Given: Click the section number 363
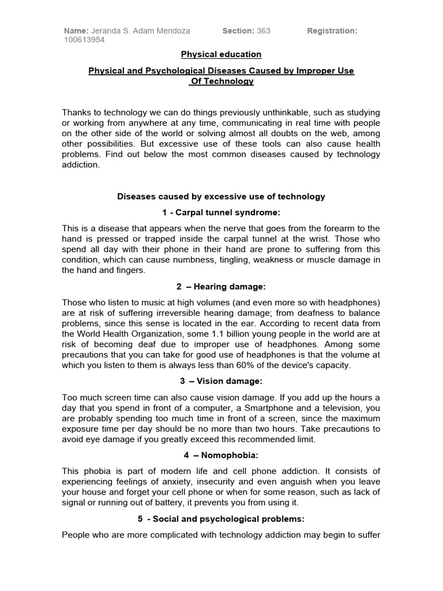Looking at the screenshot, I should [264, 31].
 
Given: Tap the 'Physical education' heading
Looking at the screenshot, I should [221, 54].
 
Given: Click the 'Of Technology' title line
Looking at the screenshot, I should [222, 81].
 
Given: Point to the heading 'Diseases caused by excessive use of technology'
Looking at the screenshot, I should [221, 197].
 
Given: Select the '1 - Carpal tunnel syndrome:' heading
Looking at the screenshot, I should [221, 213].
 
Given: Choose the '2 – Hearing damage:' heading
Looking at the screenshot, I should [221, 287].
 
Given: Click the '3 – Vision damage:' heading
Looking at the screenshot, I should [221, 381].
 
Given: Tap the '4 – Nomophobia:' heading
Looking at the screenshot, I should [221, 455].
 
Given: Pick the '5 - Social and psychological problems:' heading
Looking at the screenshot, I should [221, 519].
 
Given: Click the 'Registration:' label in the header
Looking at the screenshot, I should [332, 31].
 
